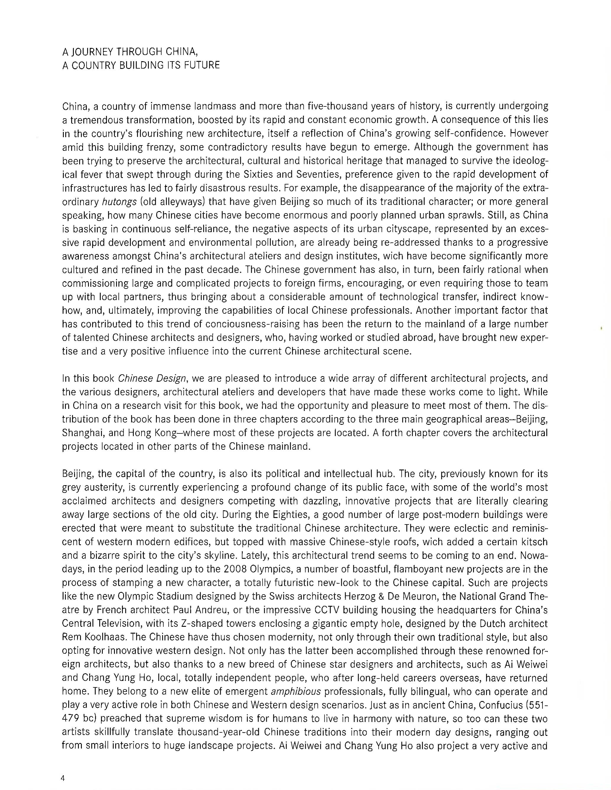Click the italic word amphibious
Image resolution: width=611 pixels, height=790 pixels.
tap(295, 692)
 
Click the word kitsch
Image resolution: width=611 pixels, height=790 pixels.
tap(533, 542)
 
